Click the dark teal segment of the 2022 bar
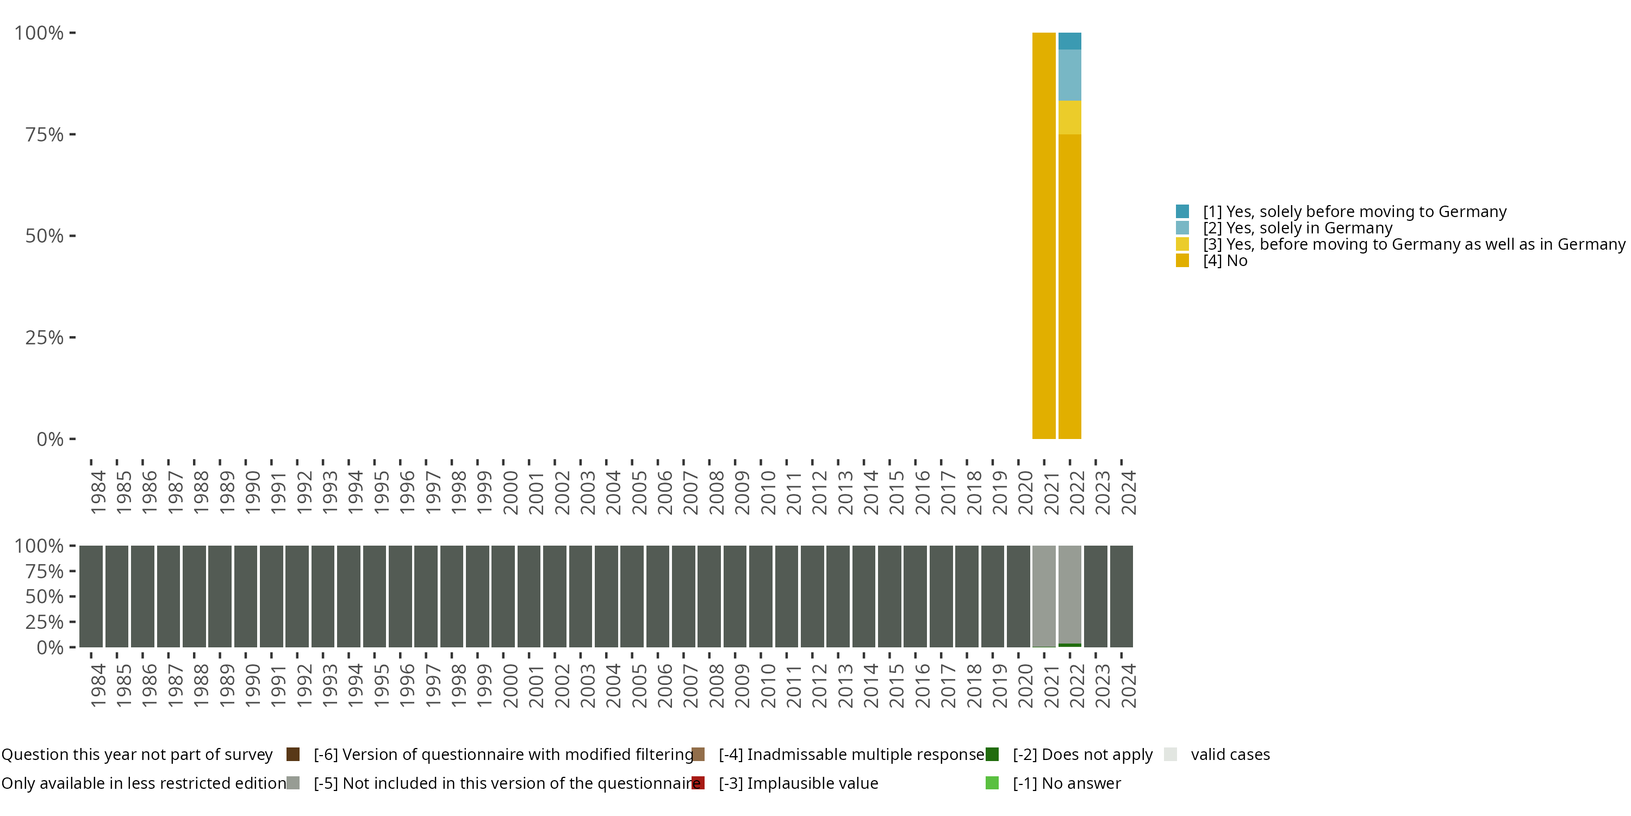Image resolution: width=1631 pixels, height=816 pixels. [1069, 41]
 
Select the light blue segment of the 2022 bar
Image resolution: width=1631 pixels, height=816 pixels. [1069, 75]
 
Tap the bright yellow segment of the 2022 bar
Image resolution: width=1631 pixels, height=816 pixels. [1069, 117]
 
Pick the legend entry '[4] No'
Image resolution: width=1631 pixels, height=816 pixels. [1224, 261]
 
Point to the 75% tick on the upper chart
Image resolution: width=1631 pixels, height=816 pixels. [72, 134]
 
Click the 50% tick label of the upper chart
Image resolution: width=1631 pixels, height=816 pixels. [45, 236]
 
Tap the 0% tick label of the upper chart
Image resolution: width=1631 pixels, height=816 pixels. [49, 439]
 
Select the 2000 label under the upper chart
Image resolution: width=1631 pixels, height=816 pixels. [510, 492]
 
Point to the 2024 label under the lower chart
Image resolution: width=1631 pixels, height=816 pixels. [1128, 685]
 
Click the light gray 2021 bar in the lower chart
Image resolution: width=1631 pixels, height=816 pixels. [1043, 596]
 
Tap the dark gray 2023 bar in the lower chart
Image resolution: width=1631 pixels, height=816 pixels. [1095, 596]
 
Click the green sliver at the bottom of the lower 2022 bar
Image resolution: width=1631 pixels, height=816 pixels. [1069, 645]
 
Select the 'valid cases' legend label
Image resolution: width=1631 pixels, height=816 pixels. [1230, 755]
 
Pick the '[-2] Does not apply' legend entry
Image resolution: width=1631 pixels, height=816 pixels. [1082, 755]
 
